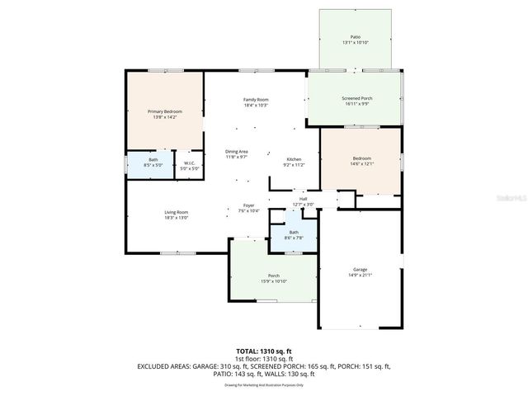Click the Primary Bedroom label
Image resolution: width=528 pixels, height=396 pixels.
(x=164, y=111)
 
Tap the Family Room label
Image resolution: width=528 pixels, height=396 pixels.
(x=256, y=100)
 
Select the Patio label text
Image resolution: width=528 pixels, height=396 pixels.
(x=356, y=37)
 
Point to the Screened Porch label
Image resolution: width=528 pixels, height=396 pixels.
(x=356, y=98)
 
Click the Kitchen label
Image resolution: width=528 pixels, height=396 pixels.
(x=295, y=159)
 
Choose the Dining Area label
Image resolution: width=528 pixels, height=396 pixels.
(x=237, y=151)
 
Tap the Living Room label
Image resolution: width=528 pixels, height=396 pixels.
(x=176, y=212)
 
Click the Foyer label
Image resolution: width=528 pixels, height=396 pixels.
(x=248, y=205)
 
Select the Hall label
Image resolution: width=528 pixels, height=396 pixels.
(x=303, y=199)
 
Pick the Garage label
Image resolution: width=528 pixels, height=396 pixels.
(x=360, y=270)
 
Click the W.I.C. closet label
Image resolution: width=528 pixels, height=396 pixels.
(x=189, y=163)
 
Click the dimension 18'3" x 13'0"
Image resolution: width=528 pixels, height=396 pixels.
(x=176, y=218)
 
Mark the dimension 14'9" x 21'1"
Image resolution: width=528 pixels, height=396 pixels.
(x=360, y=276)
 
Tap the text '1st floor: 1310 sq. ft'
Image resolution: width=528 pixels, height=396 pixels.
(x=263, y=359)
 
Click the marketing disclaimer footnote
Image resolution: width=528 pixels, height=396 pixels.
(x=263, y=384)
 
